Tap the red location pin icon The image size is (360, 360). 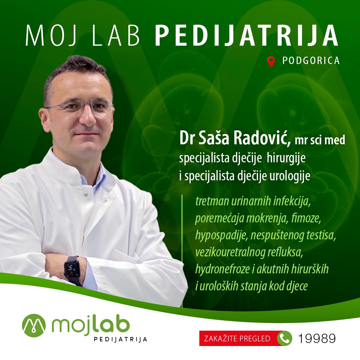point(271,62)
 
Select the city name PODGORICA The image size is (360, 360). point(311,61)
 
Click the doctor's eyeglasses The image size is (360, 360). point(80,107)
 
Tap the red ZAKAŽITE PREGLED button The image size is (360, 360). point(237,339)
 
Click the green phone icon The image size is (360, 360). point(284,339)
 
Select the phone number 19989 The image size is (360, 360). point(316,339)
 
